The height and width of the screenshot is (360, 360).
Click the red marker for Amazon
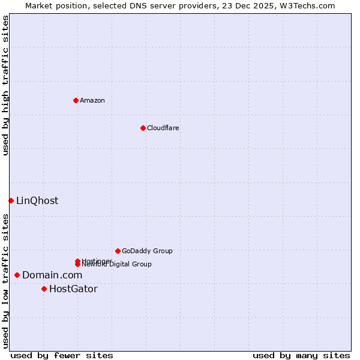[76, 100]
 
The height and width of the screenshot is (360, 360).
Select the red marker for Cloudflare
[143, 128]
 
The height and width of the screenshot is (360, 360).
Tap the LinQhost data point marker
[11, 200]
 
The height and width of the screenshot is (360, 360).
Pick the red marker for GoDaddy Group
[118, 251]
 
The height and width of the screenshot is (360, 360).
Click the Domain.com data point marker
[17, 275]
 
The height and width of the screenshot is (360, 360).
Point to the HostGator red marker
[44, 289]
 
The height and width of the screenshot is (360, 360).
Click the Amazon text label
[92, 100]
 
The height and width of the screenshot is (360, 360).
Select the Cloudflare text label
[163, 128]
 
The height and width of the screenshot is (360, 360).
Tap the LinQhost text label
[37, 200]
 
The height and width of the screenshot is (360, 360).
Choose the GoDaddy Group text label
[147, 251]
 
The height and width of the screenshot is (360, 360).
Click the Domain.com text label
[52, 275]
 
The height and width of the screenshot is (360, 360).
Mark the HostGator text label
[73, 289]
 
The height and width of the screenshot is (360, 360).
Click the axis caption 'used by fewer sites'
[62, 355]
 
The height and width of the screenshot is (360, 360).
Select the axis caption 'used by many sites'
[301, 355]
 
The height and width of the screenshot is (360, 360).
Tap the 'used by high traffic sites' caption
[5, 85]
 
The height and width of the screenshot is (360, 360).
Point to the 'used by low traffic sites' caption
[5, 281]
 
